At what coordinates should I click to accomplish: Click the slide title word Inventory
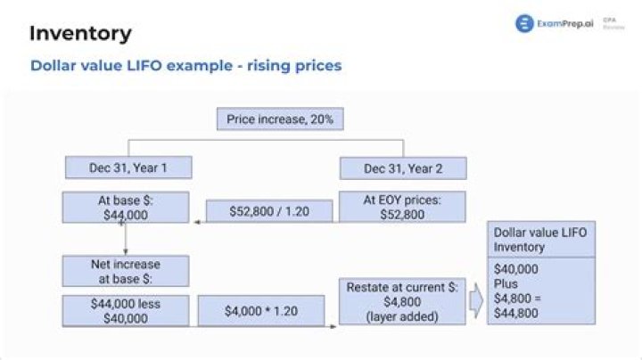[80, 34]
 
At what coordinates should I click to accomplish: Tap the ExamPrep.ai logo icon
[523, 24]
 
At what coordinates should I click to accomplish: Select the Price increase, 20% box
[280, 119]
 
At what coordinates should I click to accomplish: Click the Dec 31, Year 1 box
[128, 168]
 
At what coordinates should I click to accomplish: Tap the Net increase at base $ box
[125, 272]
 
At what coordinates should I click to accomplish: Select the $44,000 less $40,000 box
[125, 311]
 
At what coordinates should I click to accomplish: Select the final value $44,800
[518, 313]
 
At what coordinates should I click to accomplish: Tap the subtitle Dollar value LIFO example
[185, 66]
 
